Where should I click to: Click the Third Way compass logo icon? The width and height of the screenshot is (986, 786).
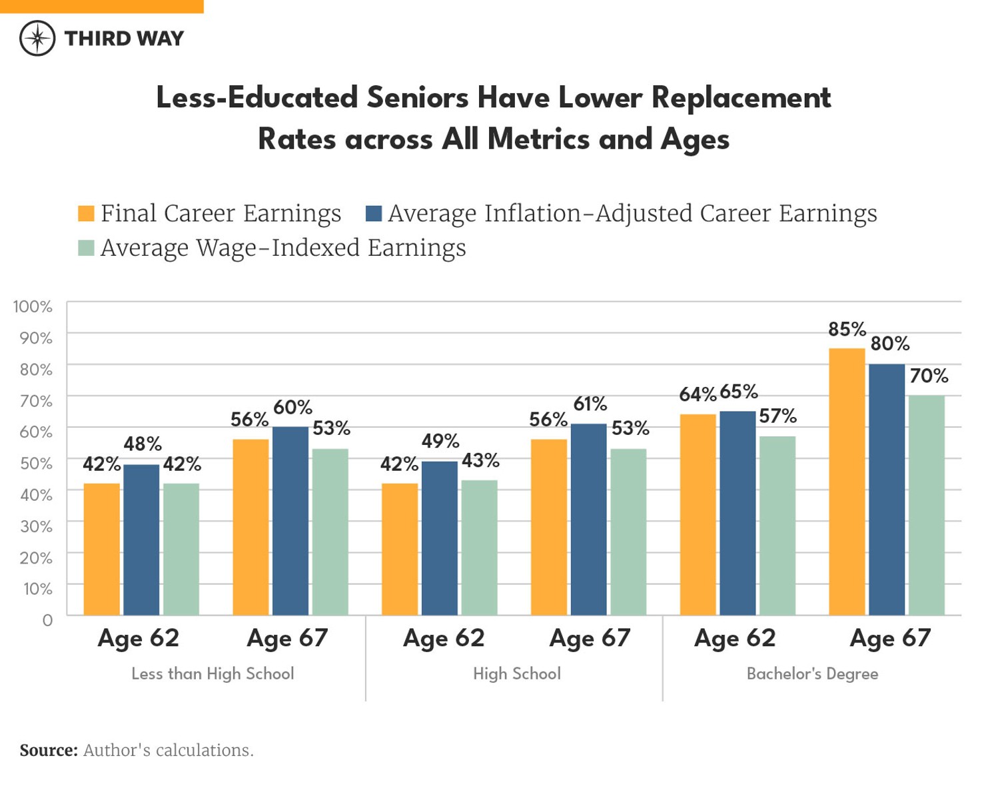coord(37,38)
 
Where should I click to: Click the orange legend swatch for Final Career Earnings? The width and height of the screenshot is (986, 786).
coord(86,214)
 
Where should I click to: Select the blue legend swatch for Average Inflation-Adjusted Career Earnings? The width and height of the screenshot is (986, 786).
coord(374,214)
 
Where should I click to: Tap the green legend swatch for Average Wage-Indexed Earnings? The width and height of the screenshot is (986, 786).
coord(86,248)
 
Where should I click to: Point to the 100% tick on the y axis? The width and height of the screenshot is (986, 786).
coord(33,306)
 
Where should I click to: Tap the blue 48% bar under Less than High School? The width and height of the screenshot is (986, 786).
coord(141,540)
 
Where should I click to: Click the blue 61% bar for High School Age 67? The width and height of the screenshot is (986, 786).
coord(589,519)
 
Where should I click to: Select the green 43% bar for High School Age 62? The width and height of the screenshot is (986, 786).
coord(480,547)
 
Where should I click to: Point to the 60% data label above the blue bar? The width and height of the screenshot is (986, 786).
coord(292,407)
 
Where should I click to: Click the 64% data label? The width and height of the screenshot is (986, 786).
coord(697,394)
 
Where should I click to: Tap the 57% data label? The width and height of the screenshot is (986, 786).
coord(777,416)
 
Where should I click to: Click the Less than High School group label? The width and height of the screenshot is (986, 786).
coord(213,673)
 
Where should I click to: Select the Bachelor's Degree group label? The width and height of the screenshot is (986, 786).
coord(812,673)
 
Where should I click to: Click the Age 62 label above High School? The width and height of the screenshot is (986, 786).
coord(444,638)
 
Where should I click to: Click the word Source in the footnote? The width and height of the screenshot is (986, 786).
coord(49,750)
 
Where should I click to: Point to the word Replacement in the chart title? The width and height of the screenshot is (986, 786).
coord(741,98)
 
